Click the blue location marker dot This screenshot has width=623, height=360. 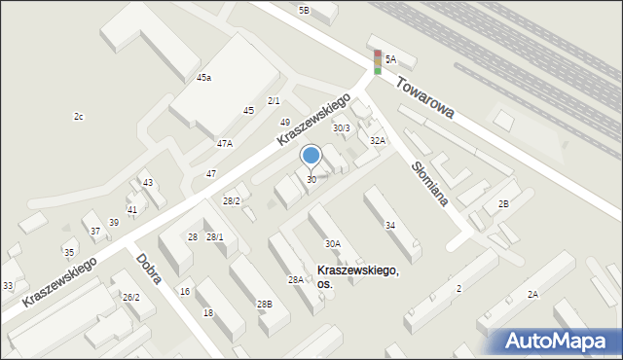pos(311,155)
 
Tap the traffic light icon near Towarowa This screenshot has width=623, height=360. pos(378,61)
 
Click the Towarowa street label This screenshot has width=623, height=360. pos(426,99)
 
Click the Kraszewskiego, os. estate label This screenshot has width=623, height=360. pos(357,276)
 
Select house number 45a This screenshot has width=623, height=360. pos(203,77)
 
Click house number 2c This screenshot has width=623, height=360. pos(79,117)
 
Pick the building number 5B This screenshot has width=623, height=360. pos(304,10)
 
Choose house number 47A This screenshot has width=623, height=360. pos(225,143)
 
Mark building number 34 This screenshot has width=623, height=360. pos(389,226)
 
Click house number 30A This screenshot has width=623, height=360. pos(332,243)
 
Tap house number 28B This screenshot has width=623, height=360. pos(264,305)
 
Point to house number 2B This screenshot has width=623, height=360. pos(503,203)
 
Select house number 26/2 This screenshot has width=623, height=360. pos(130,297)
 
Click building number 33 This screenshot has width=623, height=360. pos(8,285)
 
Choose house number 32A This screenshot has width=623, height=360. pos(377,140)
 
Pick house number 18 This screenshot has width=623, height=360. pos(207,312)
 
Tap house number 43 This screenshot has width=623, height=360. pos(147,183)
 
